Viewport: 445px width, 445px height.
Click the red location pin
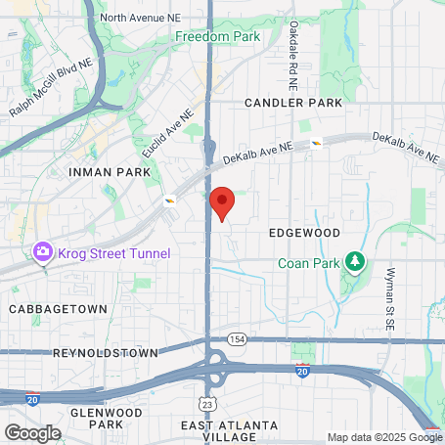pyautogui.click(x=223, y=202)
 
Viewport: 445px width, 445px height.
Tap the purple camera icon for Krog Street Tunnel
pyautogui.click(x=42, y=253)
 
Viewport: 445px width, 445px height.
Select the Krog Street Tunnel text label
pyautogui.click(x=113, y=254)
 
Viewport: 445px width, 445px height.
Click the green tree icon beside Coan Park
pyautogui.click(x=356, y=261)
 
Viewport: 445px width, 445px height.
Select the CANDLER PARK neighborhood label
pyautogui.click(x=293, y=102)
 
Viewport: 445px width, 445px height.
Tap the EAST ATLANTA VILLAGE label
pyautogui.click(x=231, y=430)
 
